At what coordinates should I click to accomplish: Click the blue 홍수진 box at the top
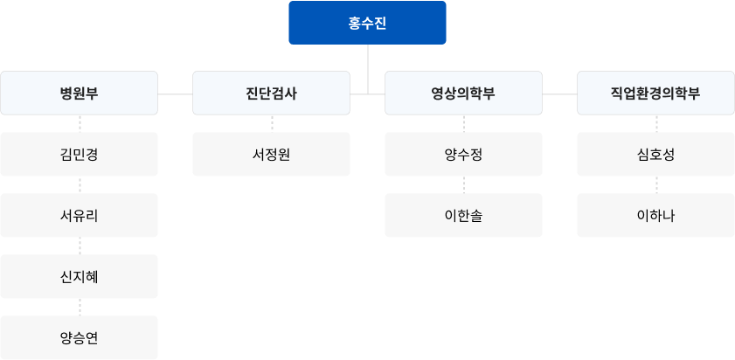coord(367,23)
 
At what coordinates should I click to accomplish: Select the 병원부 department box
coord(80,93)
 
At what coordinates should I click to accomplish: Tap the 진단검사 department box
coord(272,93)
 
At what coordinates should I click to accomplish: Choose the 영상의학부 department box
coord(463,93)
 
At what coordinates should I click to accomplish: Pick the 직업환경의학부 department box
coord(655,93)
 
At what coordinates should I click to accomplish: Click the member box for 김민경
coord(80,154)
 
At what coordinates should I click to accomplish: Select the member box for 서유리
coord(80,215)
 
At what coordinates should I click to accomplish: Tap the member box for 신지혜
coord(80,276)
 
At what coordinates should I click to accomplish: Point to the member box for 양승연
coord(80,337)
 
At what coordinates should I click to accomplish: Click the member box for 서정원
coord(272,154)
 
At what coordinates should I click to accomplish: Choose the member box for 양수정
coord(463,154)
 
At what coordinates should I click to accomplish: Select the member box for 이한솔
coord(463,215)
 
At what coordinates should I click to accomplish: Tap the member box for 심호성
coord(655,154)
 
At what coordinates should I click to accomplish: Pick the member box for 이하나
coord(655,215)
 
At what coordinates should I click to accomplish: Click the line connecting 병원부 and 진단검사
coord(176,93)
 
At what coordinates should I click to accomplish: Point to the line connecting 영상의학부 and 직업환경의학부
coord(559,93)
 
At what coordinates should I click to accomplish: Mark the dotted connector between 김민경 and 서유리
coord(80,184)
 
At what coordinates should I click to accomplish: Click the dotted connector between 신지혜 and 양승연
coord(80,307)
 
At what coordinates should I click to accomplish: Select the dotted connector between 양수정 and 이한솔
coord(464,184)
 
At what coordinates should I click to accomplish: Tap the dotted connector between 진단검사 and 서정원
coord(272,124)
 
